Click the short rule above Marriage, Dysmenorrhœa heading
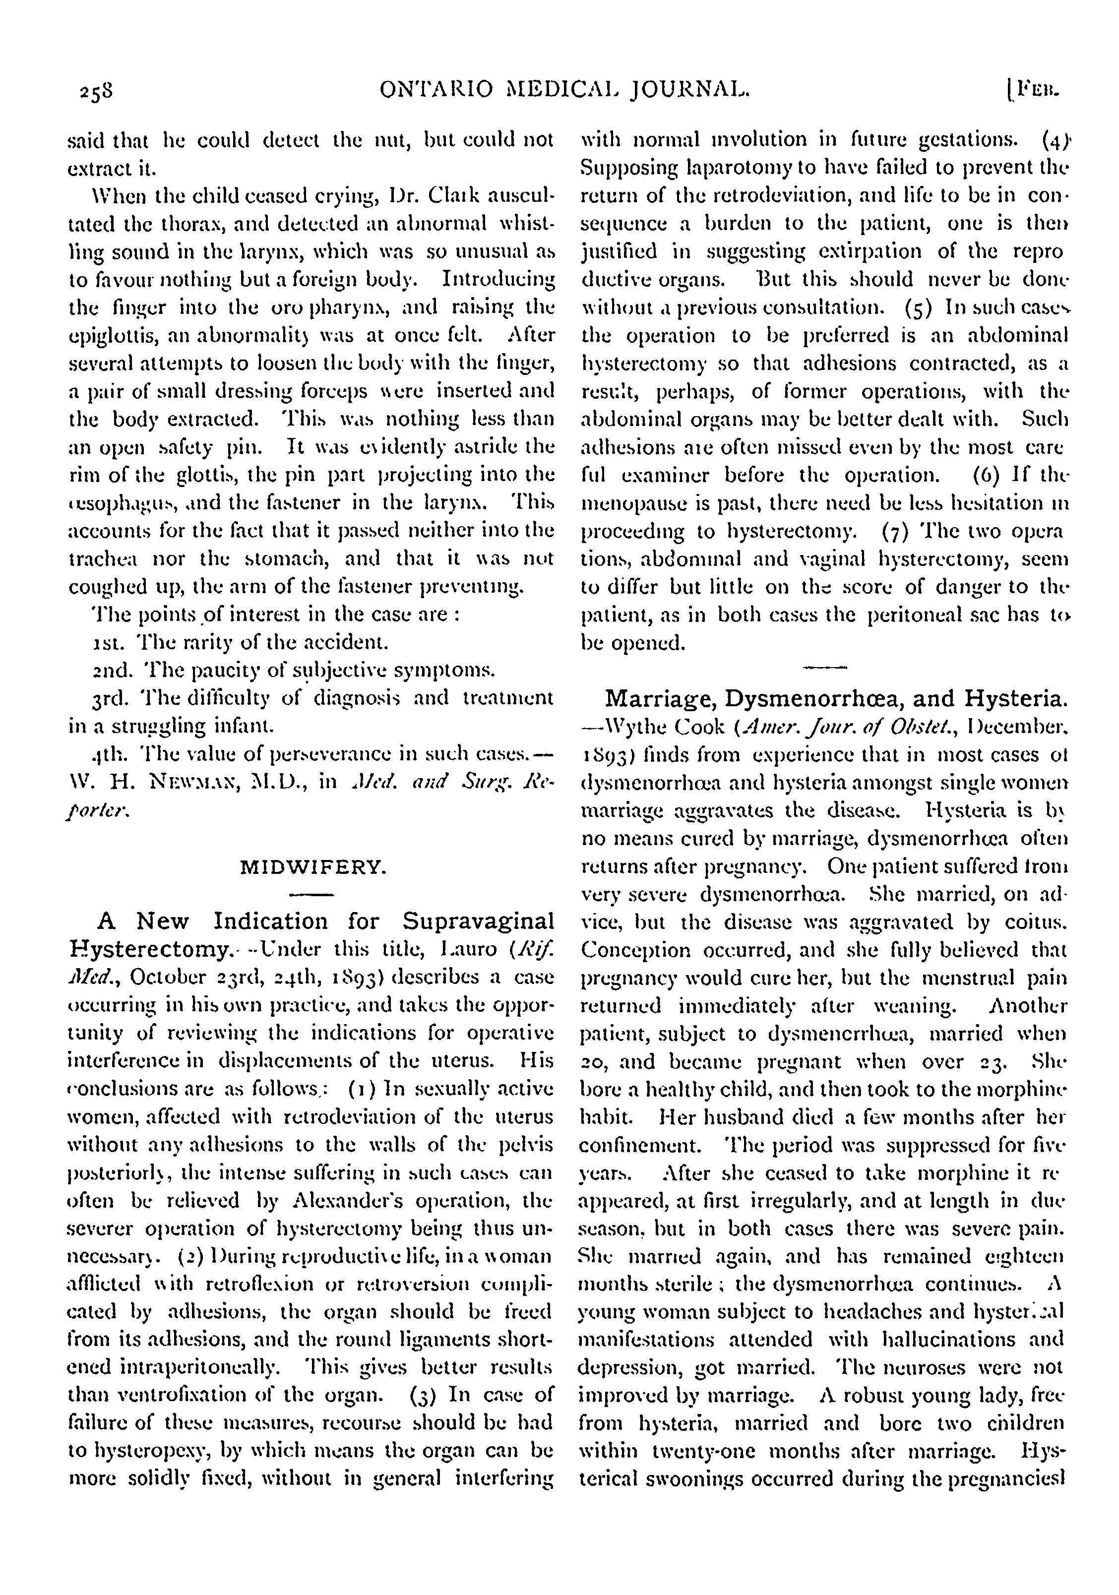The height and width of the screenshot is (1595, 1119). click(x=824, y=668)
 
